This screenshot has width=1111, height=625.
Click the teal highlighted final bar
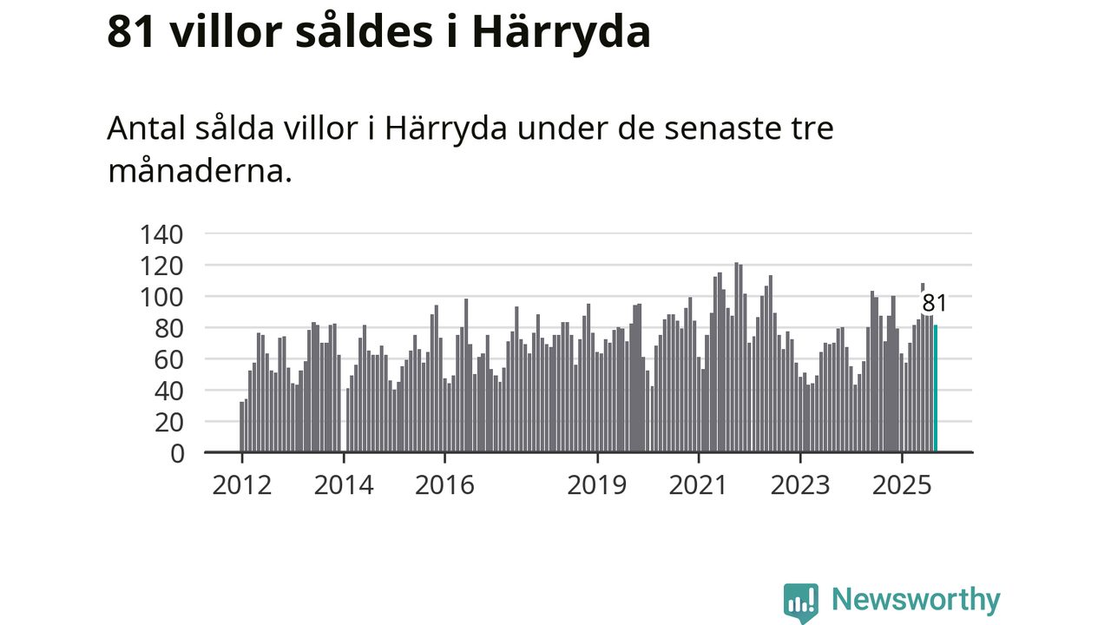point(936,389)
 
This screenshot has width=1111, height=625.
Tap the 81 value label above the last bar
point(934,303)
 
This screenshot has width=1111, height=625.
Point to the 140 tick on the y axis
point(161,234)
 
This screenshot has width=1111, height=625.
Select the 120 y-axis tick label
point(161,265)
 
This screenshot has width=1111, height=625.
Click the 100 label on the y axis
point(161,296)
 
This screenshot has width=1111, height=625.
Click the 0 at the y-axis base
point(177,452)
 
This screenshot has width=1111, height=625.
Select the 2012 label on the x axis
point(242,484)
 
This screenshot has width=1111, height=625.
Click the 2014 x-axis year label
point(344,484)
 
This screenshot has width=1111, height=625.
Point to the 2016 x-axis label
point(444,484)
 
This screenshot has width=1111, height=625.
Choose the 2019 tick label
point(597,484)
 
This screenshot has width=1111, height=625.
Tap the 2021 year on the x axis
point(699,484)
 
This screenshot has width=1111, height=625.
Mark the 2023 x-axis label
point(800,484)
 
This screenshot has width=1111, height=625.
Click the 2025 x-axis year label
point(902,484)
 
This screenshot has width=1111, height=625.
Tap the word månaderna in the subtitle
point(196,171)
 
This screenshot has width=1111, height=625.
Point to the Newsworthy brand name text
point(916,600)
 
